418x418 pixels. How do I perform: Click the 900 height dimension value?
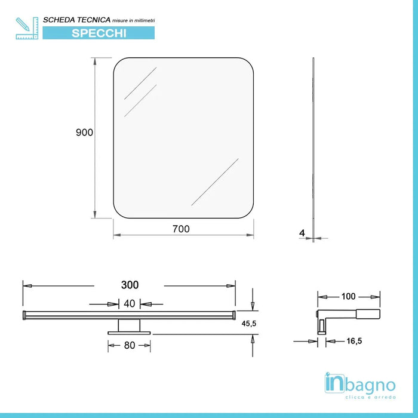click(x=84, y=133)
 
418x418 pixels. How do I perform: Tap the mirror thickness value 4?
click(x=303, y=232)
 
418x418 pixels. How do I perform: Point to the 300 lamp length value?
click(x=130, y=285)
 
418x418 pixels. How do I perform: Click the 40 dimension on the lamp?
click(x=129, y=303)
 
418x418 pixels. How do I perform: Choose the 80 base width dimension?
click(x=129, y=345)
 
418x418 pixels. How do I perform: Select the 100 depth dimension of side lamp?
click(x=349, y=296)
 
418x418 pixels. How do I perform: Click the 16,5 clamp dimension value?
click(x=337, y=341)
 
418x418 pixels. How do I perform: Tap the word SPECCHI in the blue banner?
click(x=99, y=33)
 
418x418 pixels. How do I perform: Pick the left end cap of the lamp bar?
click(x=24, y=315)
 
